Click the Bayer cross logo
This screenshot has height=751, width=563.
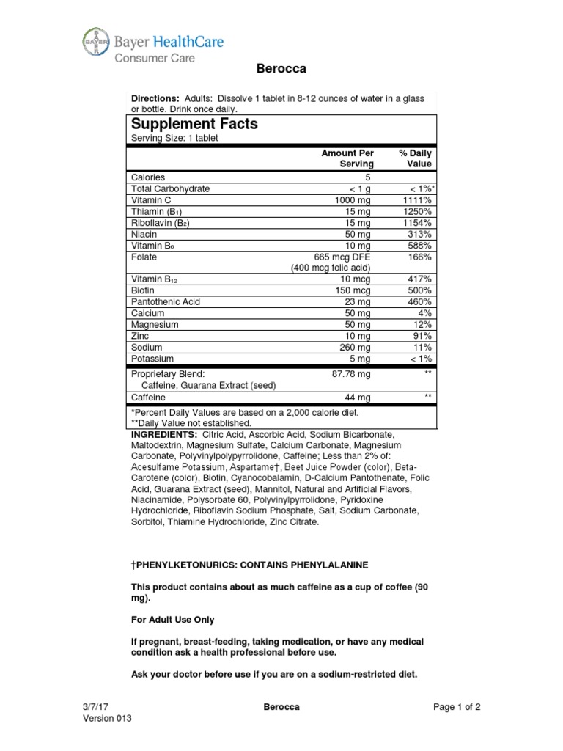point(95,43)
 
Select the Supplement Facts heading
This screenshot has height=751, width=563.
point(194,124)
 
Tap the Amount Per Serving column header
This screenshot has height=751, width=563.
point(347,158)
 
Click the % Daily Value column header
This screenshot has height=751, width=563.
point(415,158)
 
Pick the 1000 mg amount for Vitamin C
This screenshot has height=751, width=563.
point(354,200)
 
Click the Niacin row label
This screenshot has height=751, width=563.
point(144,234)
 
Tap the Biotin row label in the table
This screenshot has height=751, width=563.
point(143,290)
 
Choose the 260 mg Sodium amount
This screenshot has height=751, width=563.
point(357,347)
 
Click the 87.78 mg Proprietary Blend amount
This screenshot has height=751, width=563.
point(352,374)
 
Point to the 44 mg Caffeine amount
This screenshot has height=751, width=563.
point(359,397)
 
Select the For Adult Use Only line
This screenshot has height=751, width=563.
point(172,620)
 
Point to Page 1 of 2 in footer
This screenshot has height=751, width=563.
point(457,707)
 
